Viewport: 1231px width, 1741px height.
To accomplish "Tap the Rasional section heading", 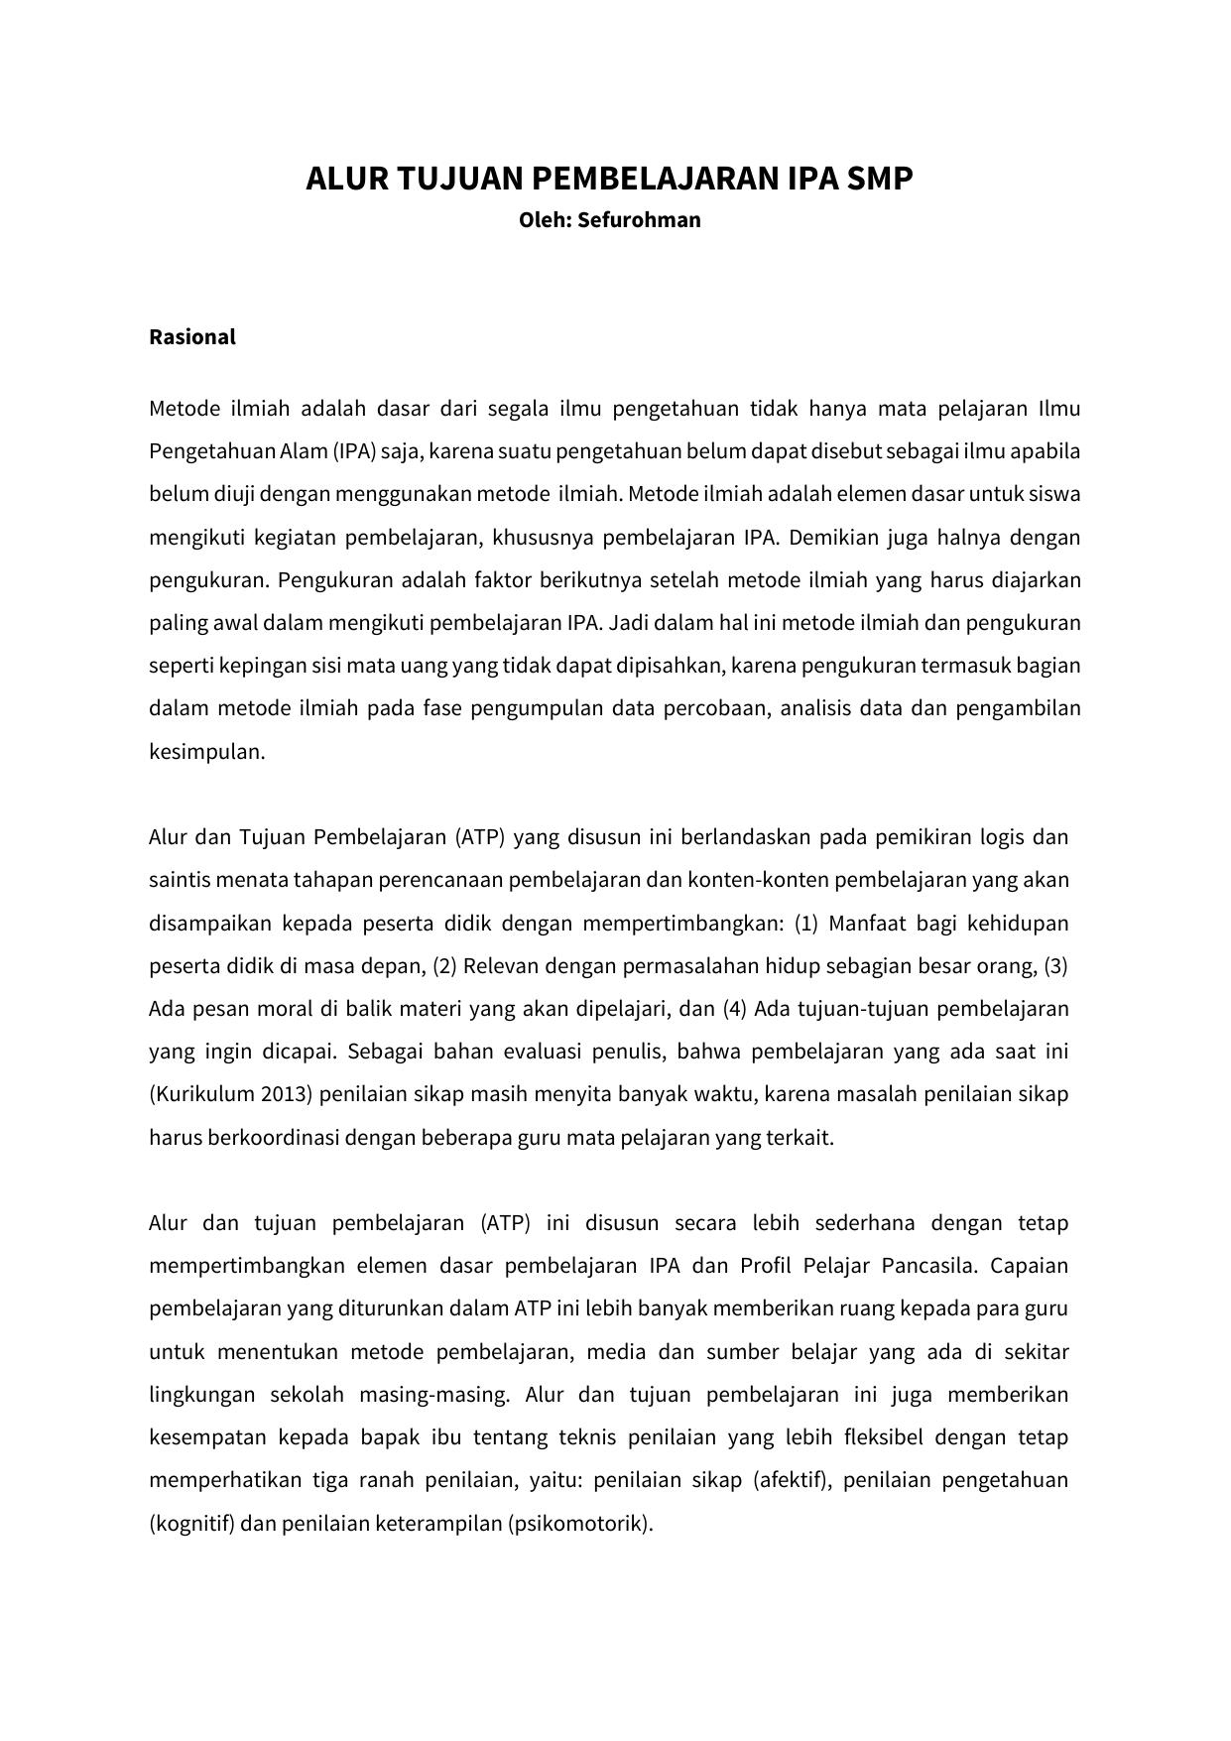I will coord(192,337).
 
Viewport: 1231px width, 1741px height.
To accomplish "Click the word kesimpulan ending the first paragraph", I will coord(205,752).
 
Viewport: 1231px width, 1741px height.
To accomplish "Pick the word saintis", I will coord(180,880).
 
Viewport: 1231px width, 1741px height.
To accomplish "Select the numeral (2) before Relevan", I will coord(444,966).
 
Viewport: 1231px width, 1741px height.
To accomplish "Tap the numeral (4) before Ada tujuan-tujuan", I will coord(734,1009).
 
